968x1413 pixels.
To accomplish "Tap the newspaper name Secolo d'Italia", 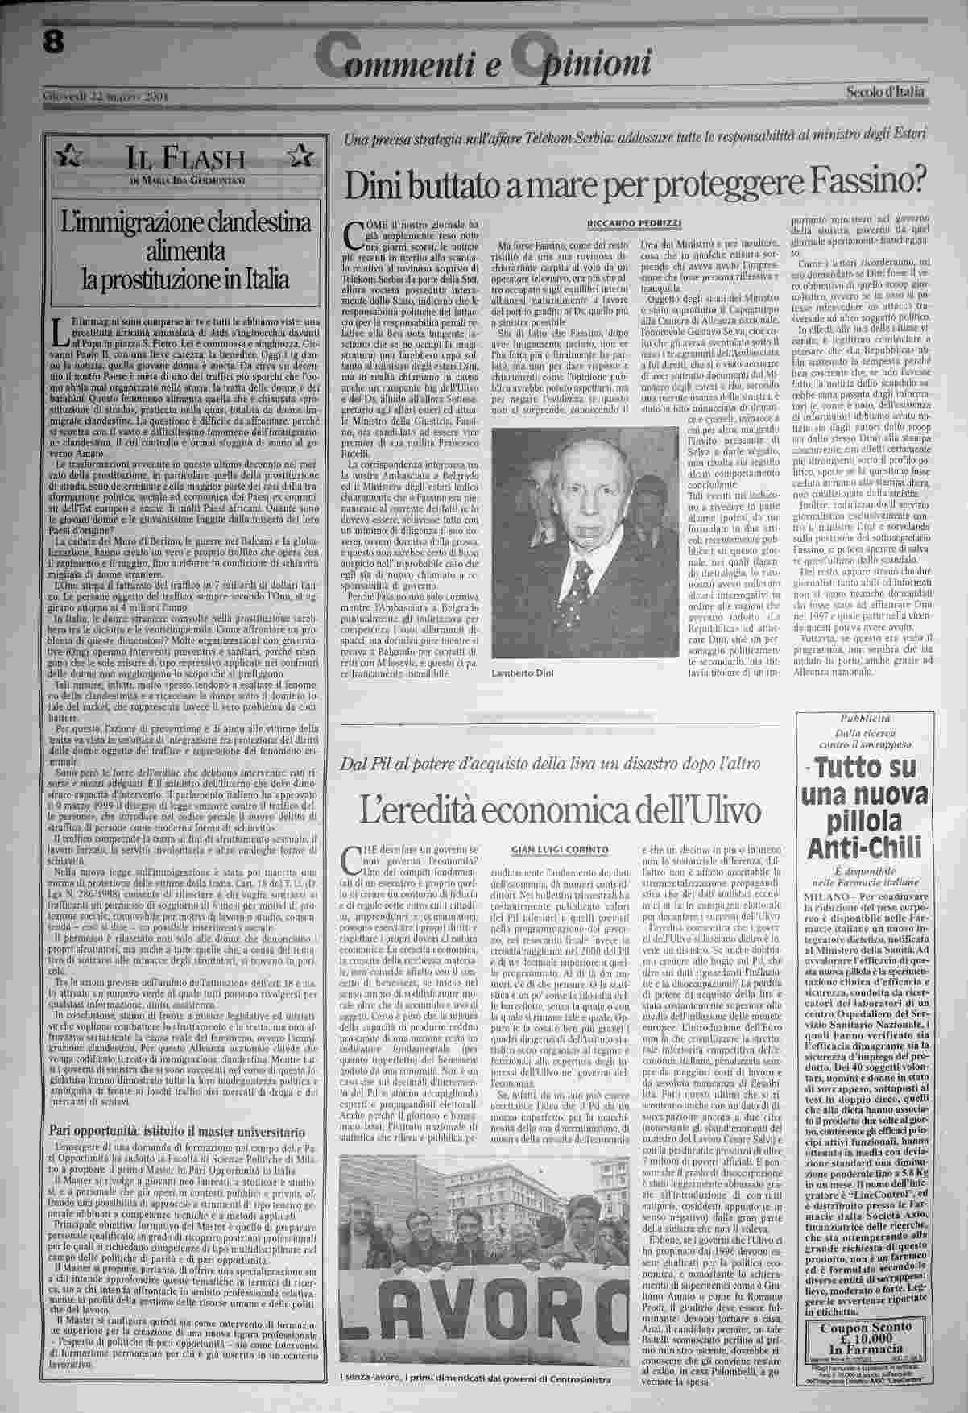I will click(x=885, y=93).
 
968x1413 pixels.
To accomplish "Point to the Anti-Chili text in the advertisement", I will click(x=863, y=847).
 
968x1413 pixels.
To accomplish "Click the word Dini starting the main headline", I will click(x=380, y=183).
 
